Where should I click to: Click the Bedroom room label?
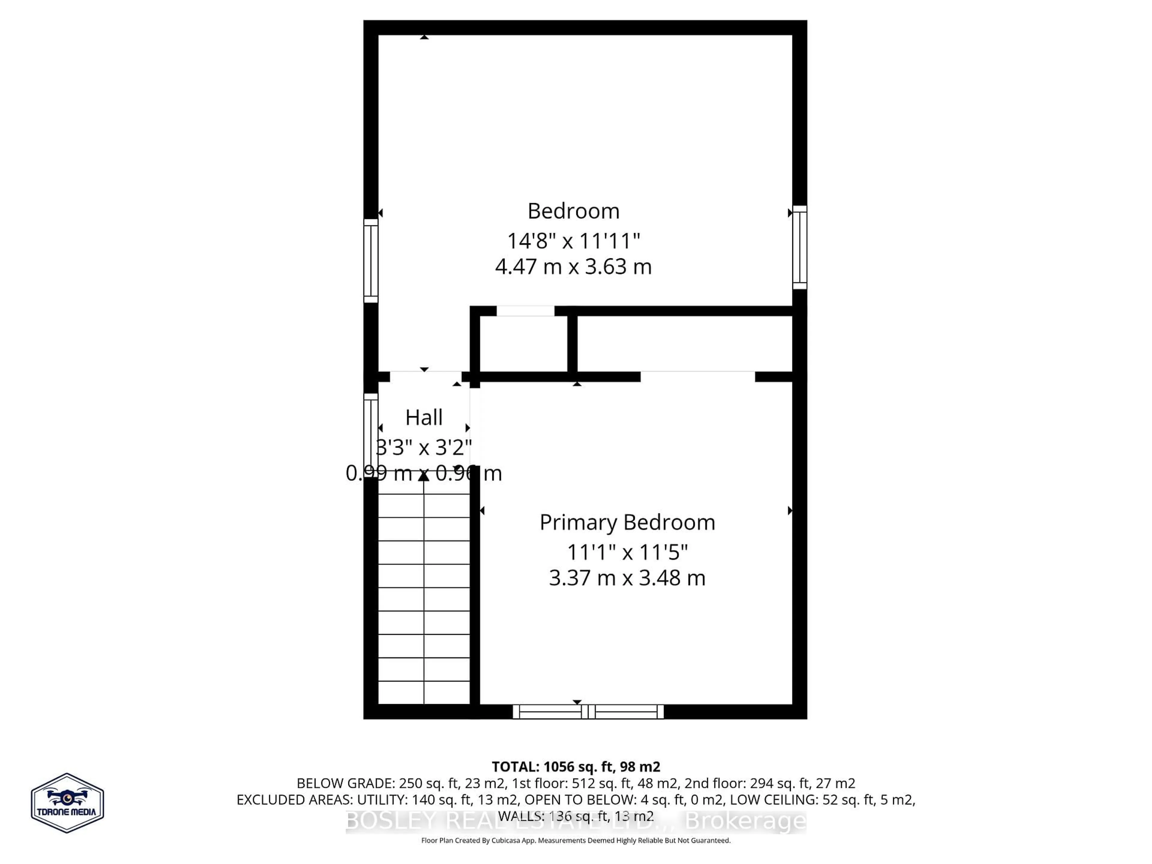573,211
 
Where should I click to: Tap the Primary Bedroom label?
627,522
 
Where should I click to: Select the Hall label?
424,417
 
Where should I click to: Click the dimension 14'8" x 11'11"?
573,241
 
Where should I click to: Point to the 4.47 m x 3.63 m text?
573,267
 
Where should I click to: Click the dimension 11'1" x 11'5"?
627,552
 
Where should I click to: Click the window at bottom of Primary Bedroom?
588,711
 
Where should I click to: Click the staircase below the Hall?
424,594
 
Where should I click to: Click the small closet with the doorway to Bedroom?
523,344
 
